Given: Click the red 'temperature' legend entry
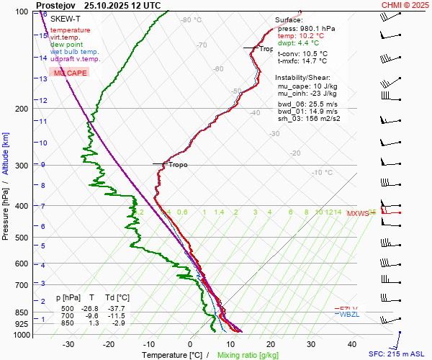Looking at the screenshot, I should [71, 30].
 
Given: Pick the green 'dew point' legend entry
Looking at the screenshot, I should [67, 45].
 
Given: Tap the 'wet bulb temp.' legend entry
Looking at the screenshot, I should [75, 52].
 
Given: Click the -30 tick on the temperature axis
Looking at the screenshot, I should [69, 344].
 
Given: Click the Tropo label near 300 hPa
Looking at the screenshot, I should [178, 165].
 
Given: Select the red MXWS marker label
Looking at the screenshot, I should [357, 213].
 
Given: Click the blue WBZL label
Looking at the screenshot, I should [349, 314].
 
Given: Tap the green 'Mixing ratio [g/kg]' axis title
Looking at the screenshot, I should [248, 355].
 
